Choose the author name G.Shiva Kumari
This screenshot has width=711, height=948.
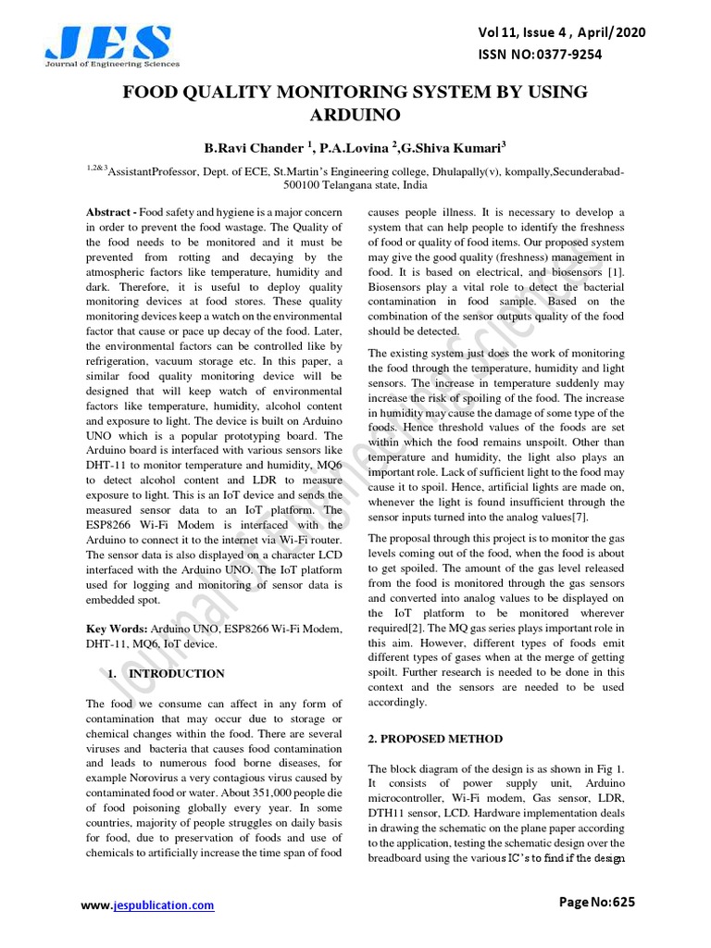pos(453,148)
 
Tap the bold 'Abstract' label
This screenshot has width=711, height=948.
pos(110,214)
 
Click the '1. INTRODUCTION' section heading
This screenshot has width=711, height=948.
pos(167,673)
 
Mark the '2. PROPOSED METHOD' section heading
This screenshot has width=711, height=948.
pos(435,739)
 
